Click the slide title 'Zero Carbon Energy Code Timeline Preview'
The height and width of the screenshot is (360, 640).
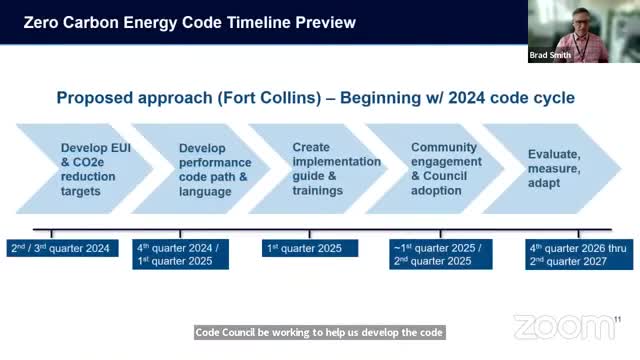(189, 22)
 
